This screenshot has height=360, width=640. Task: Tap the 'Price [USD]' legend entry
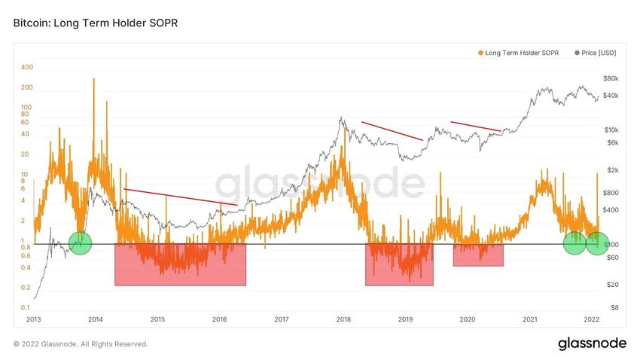coord(596,53)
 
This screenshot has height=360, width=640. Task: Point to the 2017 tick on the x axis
coord(282,319)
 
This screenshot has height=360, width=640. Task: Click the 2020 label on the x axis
coord(467,319)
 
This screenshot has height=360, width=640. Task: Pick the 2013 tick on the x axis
coord(34,319)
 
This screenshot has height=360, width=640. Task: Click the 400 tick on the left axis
coord(28,67)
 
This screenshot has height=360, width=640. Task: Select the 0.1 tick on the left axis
coord(26,308)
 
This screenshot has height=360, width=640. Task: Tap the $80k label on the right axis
coord(611,78)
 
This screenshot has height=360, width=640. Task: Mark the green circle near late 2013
coord(80,243)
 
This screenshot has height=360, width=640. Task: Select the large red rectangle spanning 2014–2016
coord(180,264)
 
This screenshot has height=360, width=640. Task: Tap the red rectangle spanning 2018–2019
coord(399,264)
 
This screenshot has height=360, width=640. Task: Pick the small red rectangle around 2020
coord(478,255)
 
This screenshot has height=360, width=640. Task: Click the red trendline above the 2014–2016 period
coord(181,197)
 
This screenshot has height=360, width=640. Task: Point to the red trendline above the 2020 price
coord(475,127)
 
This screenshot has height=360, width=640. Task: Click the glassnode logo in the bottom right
coord(592,343)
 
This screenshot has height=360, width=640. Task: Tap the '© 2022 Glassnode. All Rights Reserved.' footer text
coord(81,344)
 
